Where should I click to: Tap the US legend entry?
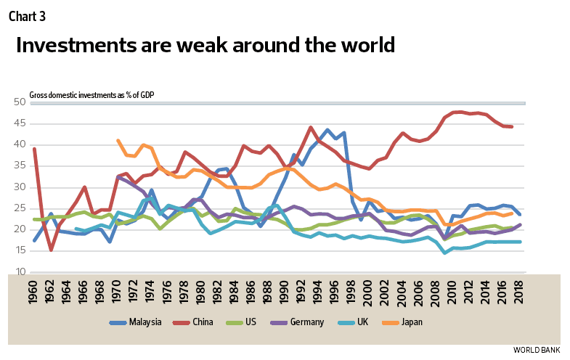(x=270, y=322)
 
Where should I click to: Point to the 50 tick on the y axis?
(x=20, y=102)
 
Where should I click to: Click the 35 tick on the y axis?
(x=20, y=165)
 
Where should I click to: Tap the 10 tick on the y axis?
(x=20, y=271)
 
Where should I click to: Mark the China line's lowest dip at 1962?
(x=51, y=250)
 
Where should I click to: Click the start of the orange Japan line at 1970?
(x=118, y=140)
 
